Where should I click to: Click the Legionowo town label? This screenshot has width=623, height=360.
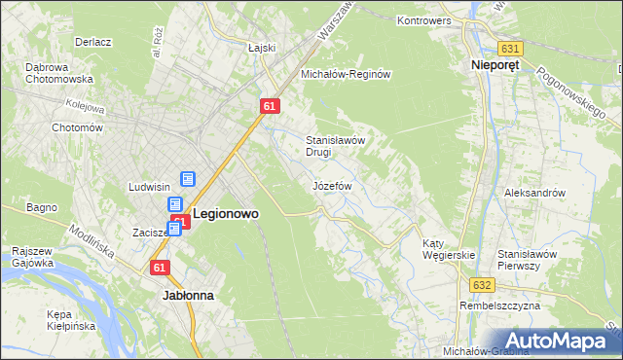point(226,212)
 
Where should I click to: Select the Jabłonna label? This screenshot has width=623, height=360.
point(188,293)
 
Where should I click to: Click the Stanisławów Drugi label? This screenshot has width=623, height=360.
point(336,146)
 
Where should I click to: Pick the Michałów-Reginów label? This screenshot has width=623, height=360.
point(346,74)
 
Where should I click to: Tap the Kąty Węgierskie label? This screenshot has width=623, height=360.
point(448,249)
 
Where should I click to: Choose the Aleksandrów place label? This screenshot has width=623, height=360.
point(534,193)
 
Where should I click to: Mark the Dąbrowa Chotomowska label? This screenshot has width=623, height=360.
point(59,73)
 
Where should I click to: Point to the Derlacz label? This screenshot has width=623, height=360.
point(94,43)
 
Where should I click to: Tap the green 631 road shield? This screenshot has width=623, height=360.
point(509,48)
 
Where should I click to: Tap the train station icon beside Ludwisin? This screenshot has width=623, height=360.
point(188,180)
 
